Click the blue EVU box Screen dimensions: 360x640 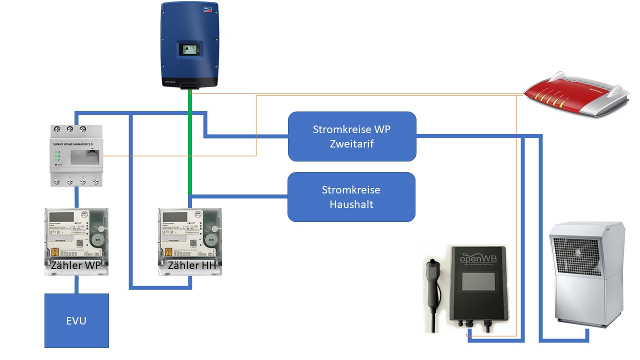point(76,320)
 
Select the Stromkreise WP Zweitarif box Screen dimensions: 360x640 point(352,136)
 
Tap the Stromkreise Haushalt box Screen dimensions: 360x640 point(351,197)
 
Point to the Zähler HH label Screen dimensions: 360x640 point(192,265)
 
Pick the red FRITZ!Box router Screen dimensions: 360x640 point(575,94)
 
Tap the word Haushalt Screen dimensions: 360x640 point(351,204)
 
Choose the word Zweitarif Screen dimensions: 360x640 point(352,144)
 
